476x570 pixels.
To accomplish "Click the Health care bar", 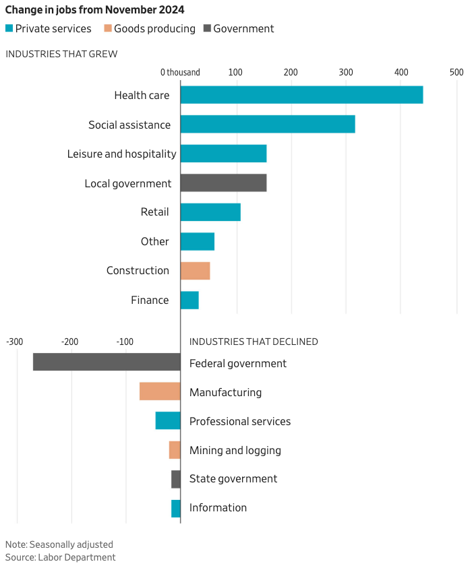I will point(301,95).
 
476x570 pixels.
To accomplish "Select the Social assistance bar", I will point(268,125).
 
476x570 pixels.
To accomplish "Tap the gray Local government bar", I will point(223,183).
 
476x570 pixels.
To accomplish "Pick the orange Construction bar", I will point(195,271).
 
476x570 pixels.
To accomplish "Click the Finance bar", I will point(189,300).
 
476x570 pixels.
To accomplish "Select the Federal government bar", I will point(107,362).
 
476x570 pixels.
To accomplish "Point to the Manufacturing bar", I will point(160,391).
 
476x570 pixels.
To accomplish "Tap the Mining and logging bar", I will point(175,450).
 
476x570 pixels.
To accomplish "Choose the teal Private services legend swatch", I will point(9,28).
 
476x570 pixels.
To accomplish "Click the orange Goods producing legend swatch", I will point(108,28).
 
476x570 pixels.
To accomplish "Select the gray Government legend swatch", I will point(207,28).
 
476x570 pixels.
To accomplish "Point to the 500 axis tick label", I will point(456,72).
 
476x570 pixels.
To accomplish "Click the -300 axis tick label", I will point(15,342).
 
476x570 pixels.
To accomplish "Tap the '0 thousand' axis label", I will point(180,72).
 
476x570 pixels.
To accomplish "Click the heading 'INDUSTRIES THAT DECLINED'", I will point(254,342).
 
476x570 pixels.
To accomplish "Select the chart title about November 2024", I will point(95,10).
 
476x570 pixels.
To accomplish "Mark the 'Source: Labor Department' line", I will point(61,557).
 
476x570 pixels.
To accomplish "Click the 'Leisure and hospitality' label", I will point(121,154).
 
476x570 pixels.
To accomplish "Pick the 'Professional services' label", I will point(240,421).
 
